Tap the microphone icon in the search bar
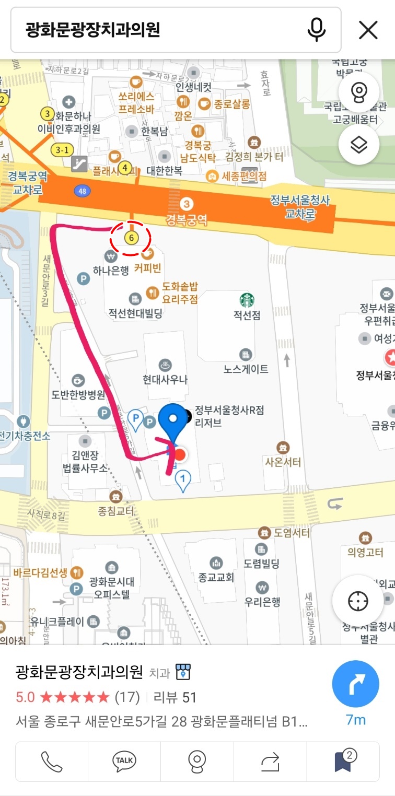tap(316, 30)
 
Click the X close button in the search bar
tap(368, 30)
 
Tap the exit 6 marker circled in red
tap(131, 238)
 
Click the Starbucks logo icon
tap(247, 300)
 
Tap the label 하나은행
tap(111, 271)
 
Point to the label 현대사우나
tap(165, 380)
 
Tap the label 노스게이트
tap(246, 369)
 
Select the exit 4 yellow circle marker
tap(124, 168)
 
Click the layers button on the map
tap(358, 145)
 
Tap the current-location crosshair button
tap(358, 601)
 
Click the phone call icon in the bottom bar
tap(51, 762)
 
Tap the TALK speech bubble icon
tap(124, 762)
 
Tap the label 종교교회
tap(216, 578)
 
